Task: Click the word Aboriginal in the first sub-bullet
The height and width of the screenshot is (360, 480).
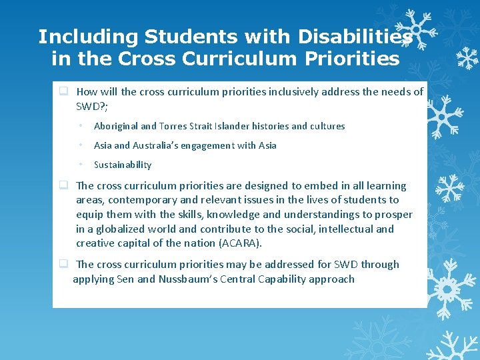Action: click(116, 126)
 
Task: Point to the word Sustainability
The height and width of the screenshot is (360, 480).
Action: click(123, 165)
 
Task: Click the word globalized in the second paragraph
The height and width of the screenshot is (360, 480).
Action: click(117, 229)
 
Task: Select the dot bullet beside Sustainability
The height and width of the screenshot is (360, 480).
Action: click(79, 165)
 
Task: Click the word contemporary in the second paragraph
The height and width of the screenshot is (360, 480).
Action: click(140, 200)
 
